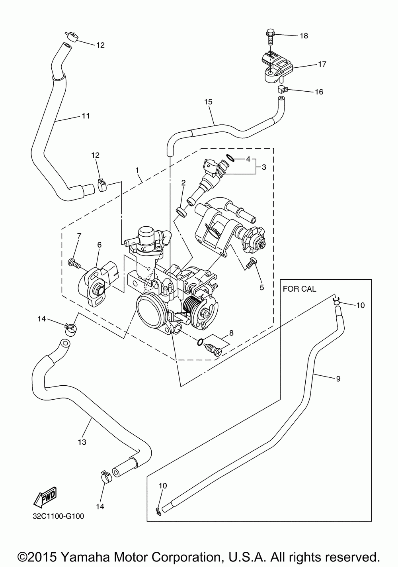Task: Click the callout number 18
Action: point(304,36)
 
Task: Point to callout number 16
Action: point(319,92)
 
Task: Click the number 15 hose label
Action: point(209,102)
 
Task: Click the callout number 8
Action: point(231,333)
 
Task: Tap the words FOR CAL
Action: point(299,289)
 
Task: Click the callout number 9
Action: point(338,379)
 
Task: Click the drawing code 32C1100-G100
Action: point(59,516)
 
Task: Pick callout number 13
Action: point(82,442)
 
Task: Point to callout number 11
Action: point(85,116)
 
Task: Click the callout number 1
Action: point(137,171)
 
